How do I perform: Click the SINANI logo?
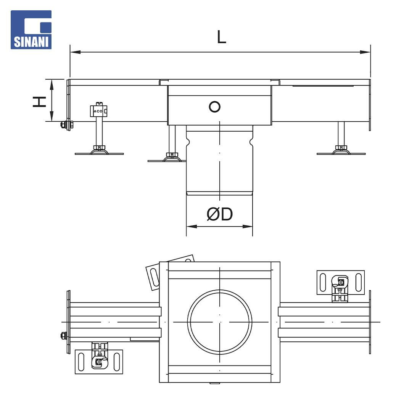click(x=31, y=30)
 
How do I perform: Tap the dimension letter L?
click(x=222, y=37)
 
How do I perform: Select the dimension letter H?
click(x=39, y=102)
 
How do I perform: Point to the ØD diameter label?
click(x=220, y=214)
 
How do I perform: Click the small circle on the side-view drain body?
click(x=215, y=107)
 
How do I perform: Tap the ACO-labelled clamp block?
click(x=98, y=111)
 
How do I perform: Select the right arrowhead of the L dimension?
click(x=365, y=52)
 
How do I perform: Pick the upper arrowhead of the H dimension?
click(x=52, y=84)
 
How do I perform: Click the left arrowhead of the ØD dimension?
click(x=192, y=226)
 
